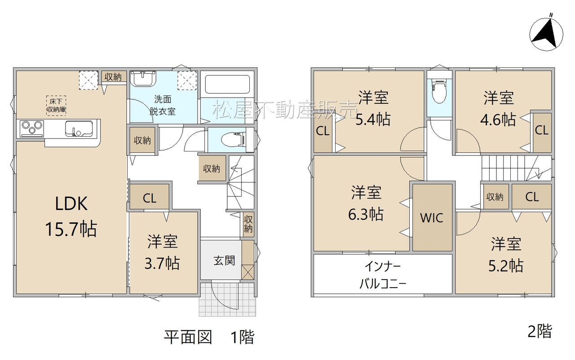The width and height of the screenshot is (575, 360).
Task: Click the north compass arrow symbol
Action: click(x=546, y=34)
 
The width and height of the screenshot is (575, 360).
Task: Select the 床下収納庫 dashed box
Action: click(x=56, y=106)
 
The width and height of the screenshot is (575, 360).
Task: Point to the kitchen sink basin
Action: click(x=79, y=129)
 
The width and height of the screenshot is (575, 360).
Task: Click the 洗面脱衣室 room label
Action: click(x=163, y=105)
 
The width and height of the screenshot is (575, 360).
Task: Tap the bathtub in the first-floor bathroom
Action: click(x=227, y=84)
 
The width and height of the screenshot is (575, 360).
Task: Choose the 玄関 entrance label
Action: click(x=224, y=261)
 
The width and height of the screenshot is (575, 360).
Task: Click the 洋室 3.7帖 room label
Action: click(x=162, y=252)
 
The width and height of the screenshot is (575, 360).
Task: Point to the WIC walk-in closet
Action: click(x=432, y=218)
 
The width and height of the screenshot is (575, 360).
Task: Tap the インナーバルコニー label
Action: click(x=383, y=275)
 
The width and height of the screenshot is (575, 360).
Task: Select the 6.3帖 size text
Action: click(x=366, y=214)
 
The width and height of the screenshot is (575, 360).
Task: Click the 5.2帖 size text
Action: click(x=506, y=265)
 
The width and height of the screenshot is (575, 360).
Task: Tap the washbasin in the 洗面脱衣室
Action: click(x=143, y=79)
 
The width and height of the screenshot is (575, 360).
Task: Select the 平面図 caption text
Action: click(x=188, y=338)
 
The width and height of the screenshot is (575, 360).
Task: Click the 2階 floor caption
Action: click(x=540, y=331)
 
